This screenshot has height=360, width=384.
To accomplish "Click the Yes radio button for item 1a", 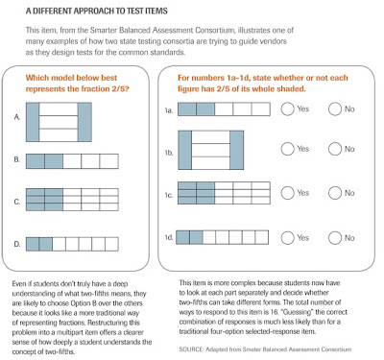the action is pyautogui.click(x=287, y=108).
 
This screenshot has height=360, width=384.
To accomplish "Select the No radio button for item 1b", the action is pyautogui.click(x=335, y=149).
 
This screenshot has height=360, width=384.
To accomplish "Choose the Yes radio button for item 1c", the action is pyautogui.click(x=287, y=193).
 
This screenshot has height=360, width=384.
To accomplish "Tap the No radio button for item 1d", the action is pyautogui.click(x=335, y=238).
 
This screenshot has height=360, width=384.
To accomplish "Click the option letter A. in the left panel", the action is pyautogui.click(x=17, y=117).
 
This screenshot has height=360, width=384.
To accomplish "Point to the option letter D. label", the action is pyautogui.click(x=17, y=244).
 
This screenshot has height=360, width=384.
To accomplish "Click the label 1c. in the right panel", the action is pyautogui.click(x=169, y=195).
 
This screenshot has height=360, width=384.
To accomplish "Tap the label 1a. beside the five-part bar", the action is pyautogui.click(x=169, y=110).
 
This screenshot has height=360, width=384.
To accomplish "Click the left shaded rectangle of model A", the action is pyautogui.click(x=33, y=122).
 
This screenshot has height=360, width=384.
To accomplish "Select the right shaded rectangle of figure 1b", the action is pyautogui.click(x=237, y=150).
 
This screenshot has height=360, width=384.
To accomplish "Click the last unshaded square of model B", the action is pyautogui.click(x=109, y=161).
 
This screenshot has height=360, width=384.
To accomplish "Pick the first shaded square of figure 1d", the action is pyautogui.click(x=183, y=237).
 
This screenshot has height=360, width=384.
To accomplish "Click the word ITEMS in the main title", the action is pyautogui.click(x=156, y=11).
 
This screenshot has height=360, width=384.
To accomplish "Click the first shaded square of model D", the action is pyautogui.click(x=33, y=244).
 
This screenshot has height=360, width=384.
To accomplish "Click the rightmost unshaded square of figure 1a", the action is pyautogui.click(x=261, y=109).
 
